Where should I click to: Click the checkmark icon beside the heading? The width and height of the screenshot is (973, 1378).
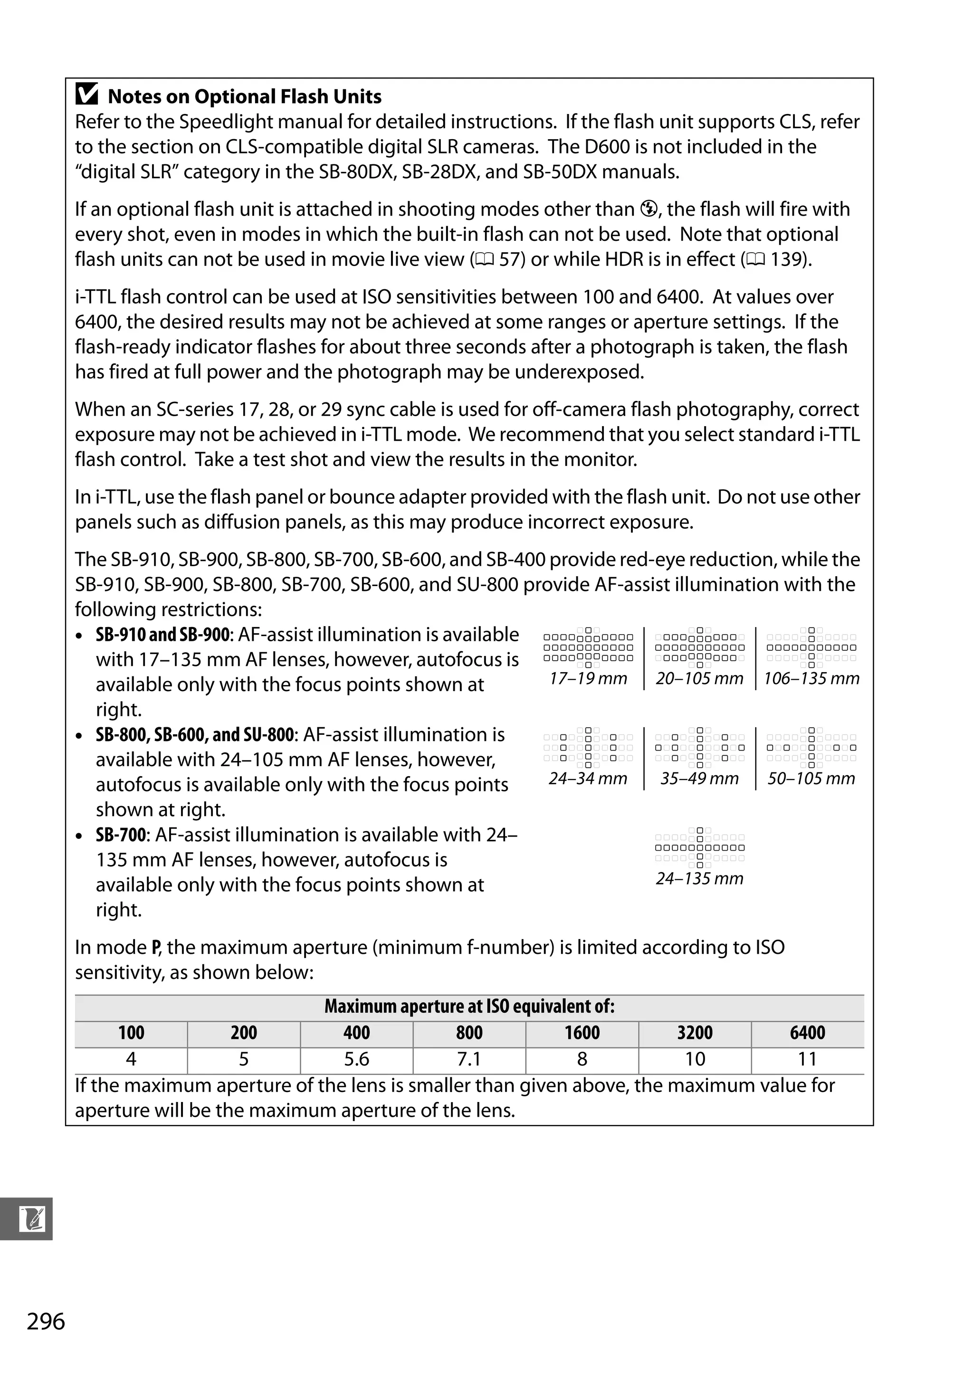click(87, 95)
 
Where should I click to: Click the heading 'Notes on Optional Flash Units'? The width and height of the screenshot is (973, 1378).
click(244, 96)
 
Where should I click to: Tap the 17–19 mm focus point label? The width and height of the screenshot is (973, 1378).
click(588, 679)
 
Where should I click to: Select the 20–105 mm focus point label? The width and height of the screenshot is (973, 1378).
click(699, 679)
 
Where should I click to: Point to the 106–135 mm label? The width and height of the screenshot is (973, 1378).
click(811, 679)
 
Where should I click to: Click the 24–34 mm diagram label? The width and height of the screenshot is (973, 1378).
click(588, 779)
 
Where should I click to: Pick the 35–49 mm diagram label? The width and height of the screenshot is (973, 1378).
click(699, 779)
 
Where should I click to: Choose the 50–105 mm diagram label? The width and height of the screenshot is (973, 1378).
click(811, 779)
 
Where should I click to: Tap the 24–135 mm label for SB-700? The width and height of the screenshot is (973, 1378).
click(699, 879)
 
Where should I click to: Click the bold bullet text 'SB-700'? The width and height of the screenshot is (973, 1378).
click(121, 835)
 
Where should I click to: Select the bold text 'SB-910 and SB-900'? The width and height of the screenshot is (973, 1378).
click(162, 635)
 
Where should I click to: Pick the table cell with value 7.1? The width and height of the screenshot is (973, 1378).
click(469, 1059)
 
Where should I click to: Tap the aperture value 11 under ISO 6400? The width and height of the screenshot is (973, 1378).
click(807, 1059)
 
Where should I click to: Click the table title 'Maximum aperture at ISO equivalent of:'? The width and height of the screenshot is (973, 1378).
click(469, 1007)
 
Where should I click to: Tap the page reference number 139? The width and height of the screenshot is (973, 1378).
click(787, 260)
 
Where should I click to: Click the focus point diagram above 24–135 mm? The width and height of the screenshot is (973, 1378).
click(699, 847)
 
